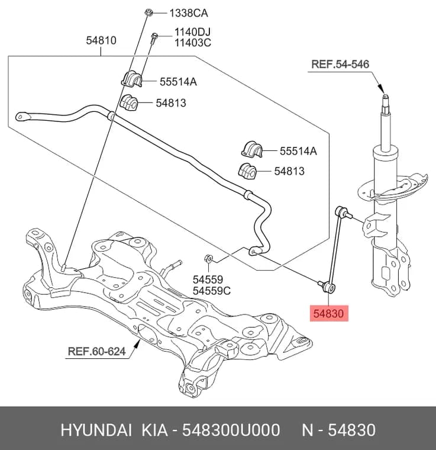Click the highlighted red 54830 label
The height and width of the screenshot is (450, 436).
click(x=329, y=313)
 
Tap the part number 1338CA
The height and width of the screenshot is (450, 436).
click(x=189, y=13)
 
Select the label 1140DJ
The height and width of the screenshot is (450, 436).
click(x=193, y=32)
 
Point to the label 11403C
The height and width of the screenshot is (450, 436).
click(x=193, y=43)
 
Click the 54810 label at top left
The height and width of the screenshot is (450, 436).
click(x=101, y=40)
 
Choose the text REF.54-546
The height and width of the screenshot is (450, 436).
click(x=340, y=64)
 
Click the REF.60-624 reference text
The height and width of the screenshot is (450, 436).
click(x=96, y=351)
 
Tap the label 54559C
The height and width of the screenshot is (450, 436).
click(x=212, y=291)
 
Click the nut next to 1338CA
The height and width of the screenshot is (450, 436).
click(x=148, y=13)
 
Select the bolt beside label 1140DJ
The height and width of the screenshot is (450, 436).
click(x=154, y=38)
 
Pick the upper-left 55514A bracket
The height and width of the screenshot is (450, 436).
click(x=131, y=78)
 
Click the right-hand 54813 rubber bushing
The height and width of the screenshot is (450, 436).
click(x=247, y=171)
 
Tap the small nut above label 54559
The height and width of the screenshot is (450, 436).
click(x=208, y=259)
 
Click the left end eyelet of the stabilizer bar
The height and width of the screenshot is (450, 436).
click(x=21, y=117)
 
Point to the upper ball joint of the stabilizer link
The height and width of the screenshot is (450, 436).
click(x=340, y=211)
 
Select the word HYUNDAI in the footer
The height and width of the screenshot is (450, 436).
click(x=96, y=430)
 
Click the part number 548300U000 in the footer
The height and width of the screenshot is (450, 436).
click(x=231, y=430)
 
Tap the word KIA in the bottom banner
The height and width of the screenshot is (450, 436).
click(x=155, y=430)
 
